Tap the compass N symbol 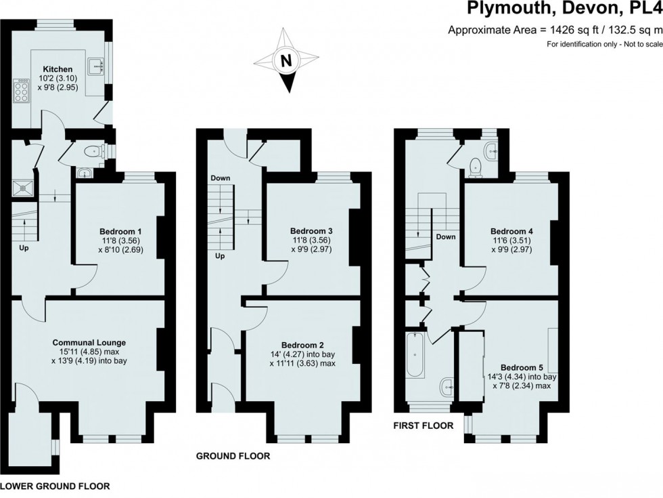[x=286, y=60]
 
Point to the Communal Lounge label [x=89, y=342]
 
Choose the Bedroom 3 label [x=311, y=230]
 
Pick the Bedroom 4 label [x=511, y=231]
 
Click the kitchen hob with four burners [x=21, y=91]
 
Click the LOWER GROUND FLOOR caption [x=54, y=486]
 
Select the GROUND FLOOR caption [x=233, y=456]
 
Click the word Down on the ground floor [x=221, y=179]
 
